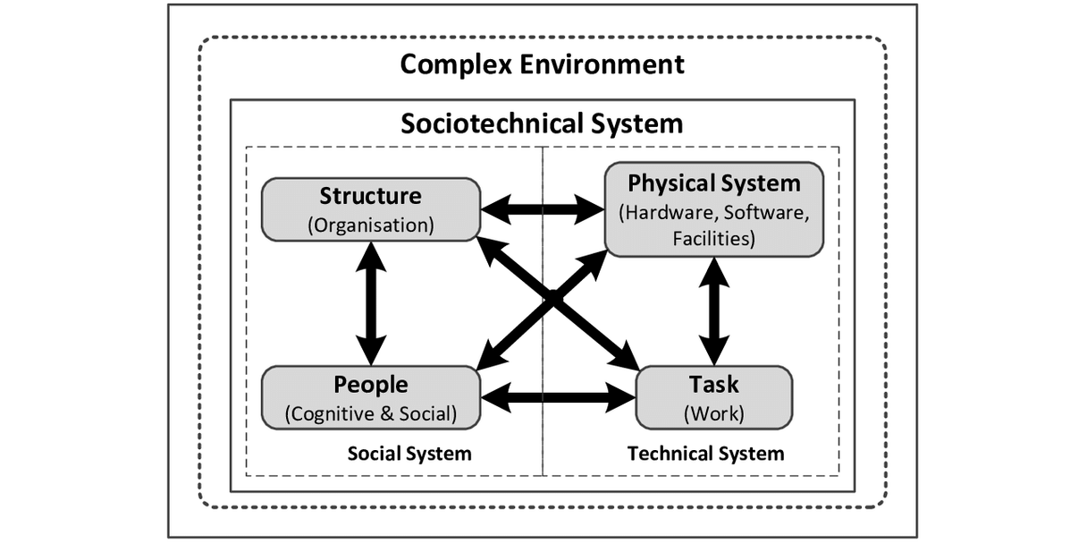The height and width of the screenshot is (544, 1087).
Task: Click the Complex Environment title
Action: (542, 64)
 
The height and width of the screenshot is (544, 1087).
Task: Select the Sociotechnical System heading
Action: (542, 123)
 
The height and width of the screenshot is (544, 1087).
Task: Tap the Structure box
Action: (370, 208)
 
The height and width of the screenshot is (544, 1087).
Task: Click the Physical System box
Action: (713, 208)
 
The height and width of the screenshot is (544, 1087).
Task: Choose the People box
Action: (370, 397)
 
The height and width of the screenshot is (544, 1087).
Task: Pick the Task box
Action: (713, 397)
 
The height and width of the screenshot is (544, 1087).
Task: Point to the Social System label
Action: (409, 454)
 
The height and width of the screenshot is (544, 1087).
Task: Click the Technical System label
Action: (705, 454)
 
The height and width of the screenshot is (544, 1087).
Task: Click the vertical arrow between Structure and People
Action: (370, 302)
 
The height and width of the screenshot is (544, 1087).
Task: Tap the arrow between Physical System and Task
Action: (713, 310)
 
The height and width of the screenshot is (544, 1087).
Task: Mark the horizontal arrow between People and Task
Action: (557, 395)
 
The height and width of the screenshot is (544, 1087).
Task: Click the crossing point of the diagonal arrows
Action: (555, 302)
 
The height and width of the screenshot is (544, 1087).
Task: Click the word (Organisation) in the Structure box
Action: (370, 225)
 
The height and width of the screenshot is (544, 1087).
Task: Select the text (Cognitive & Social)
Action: (370, 414)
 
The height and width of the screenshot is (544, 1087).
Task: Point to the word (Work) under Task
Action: (713, 414)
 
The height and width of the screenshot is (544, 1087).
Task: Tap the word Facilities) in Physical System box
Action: (713, 239)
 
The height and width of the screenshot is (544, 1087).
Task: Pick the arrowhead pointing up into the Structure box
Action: (370, 255)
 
